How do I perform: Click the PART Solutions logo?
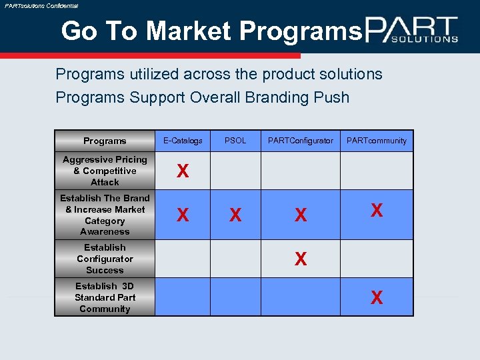[x=411, y=30]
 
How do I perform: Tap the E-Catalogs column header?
[x=183, y=141]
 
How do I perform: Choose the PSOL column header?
[x=235, y=141]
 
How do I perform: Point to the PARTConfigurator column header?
[x=300, y=141]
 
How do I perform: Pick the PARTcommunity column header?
[x=377, y=141]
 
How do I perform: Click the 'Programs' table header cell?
[x=105, y=141]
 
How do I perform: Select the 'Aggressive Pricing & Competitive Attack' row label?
[x=105, y=171]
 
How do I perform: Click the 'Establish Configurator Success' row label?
[x=105, y=259]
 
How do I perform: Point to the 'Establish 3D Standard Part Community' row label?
[x=105, y=297]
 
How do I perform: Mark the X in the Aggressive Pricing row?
[x=182, y=172]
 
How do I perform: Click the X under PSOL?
[x=235, y=215]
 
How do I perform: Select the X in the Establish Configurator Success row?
[x=301, y=259]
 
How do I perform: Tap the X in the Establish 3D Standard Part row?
[x=377, y=298]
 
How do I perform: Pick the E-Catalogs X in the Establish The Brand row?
[x=182, y=215]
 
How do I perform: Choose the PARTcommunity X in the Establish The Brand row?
[x=377, y=211]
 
